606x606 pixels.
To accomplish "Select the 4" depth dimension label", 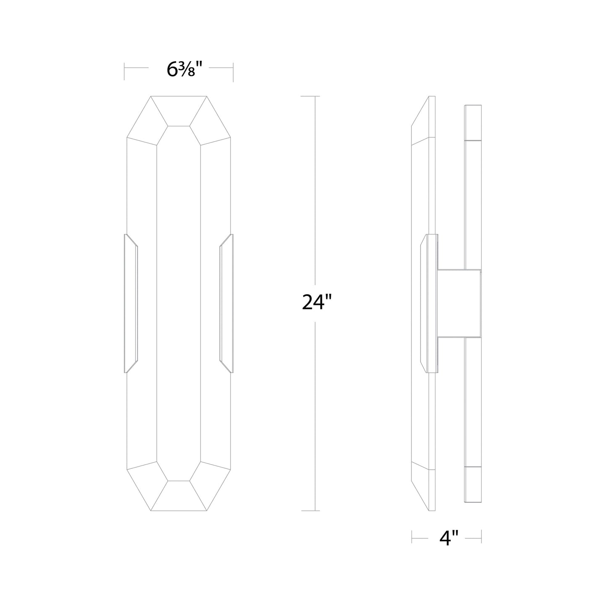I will click(446, 538).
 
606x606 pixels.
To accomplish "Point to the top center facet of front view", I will click(179, 111).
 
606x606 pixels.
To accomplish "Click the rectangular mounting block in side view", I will click(459, 302).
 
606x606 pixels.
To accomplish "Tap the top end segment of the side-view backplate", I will click(473, 122).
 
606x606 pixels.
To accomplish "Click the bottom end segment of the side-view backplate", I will click(473, 484).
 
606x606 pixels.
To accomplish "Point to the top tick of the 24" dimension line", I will click(310, 96).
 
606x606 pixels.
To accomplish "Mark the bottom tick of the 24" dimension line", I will click(310, 510).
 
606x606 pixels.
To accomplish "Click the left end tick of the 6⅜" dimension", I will click(125, 71).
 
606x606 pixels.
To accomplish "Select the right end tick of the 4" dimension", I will click(481, 537).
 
